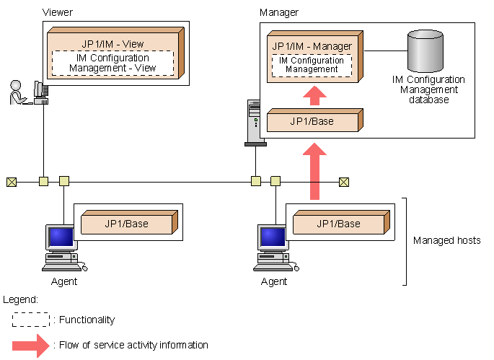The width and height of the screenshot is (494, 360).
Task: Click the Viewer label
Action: [58, 12]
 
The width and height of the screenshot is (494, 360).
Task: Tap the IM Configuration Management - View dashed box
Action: [113, 63]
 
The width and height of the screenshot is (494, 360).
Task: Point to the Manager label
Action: [278, 12]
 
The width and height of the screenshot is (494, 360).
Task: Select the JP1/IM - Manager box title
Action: [312, 46]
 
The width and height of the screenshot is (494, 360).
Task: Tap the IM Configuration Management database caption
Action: [428, 89]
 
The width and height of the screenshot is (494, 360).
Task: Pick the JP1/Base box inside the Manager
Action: [312, 121]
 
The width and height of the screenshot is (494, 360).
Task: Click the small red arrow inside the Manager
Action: [313, 95]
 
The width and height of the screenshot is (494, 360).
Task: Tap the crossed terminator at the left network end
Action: [11, 181]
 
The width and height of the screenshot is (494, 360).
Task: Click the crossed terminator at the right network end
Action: [345, 181]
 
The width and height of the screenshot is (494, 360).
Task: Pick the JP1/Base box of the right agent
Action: [338, 224]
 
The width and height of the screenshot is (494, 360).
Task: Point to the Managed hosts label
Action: [446, 240]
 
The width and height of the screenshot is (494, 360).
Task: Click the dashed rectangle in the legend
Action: [31, 320]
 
